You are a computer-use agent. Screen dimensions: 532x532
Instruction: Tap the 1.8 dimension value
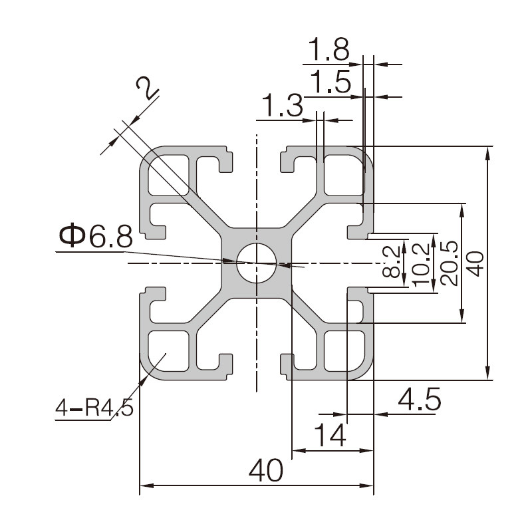(x=329, y=49)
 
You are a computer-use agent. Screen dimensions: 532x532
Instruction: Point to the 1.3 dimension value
(x=283, y=106)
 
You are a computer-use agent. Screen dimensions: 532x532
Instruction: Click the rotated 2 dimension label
(x=148, y=88)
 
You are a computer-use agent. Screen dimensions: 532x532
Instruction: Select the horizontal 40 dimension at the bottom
(x=266, y=471)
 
